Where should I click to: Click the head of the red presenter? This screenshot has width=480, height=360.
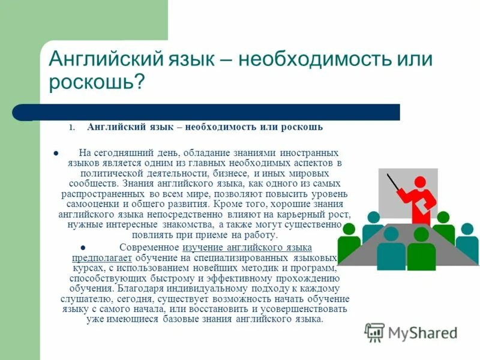coord(419,182)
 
